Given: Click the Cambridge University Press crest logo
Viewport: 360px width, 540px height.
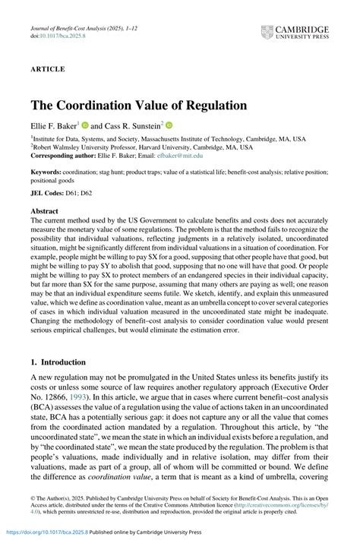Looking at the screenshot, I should [267, 32].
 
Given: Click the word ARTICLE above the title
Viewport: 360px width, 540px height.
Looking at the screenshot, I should [48, 68].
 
